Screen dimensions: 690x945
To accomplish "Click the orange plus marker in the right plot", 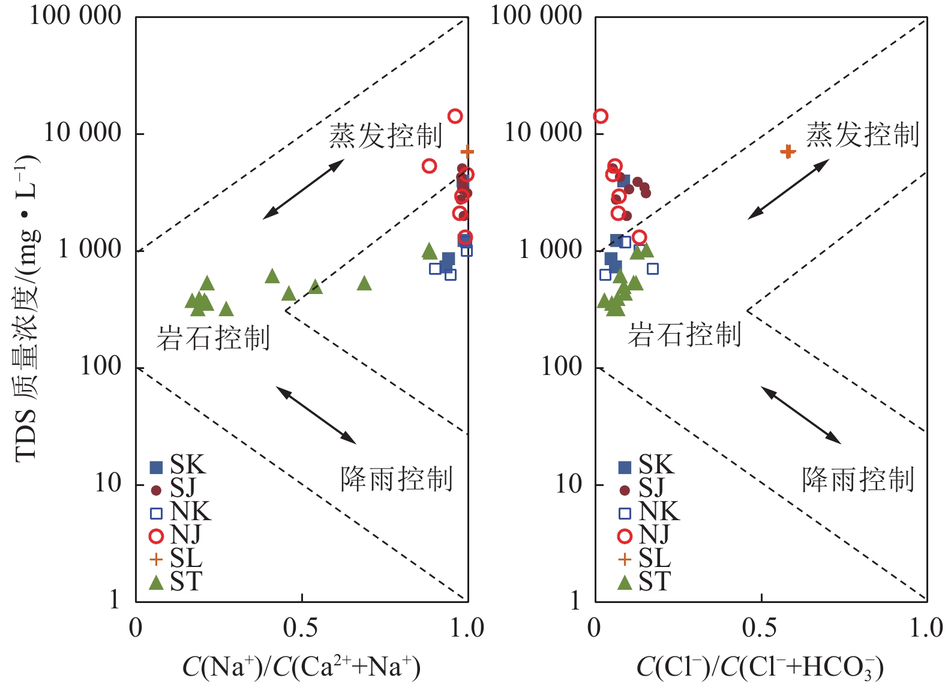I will pos(788,151).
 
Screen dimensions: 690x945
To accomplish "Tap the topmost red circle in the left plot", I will pos(455,116).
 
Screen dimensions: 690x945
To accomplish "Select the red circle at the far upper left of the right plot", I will pos(601,116).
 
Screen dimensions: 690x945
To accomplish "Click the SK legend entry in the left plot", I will pos(177,465).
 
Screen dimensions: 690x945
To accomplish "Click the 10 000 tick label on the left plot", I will pos(83,132).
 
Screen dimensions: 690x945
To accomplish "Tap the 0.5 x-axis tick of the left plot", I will pos(301,628).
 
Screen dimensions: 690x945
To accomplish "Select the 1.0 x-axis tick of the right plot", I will pos(926,628).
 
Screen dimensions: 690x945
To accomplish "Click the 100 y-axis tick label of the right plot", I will pos(561,366).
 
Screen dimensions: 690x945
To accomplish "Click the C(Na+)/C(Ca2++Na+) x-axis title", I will pos(301,667).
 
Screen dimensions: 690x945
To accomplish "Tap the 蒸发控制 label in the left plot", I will pos(385,136).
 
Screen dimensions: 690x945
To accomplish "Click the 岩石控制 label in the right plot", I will pos(685,334).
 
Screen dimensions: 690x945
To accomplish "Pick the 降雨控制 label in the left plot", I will pos(396,479).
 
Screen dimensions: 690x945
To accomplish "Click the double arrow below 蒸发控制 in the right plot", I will pos(788,189).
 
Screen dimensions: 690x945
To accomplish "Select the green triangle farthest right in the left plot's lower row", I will pos(364,283).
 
